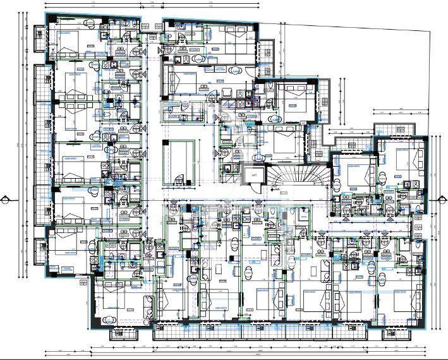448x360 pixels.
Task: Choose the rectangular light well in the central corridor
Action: [x=179, y=161]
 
